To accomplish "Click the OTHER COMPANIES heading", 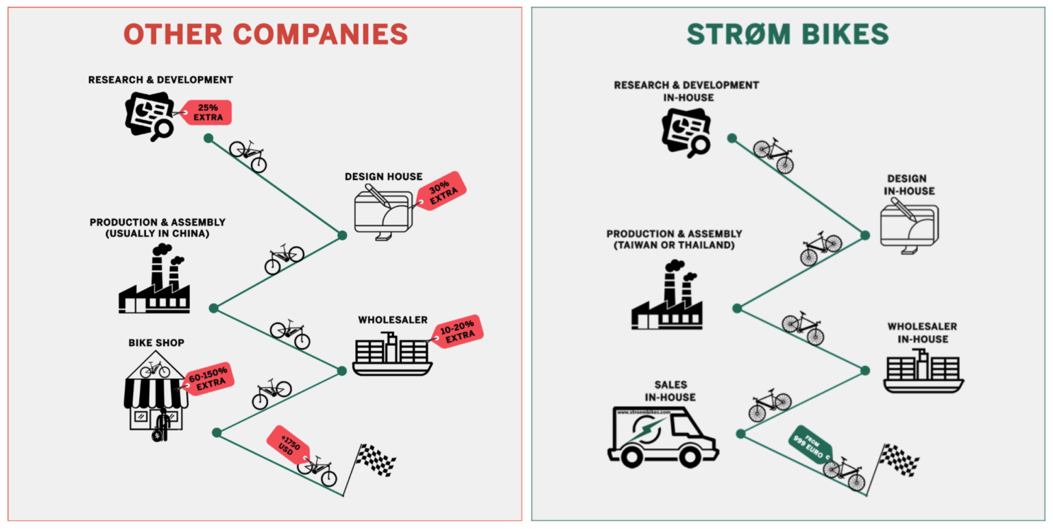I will tap(265, 34).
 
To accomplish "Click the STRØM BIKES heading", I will tap(788, 34).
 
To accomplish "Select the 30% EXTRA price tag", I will tap(441, 190).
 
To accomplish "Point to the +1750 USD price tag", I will tap(288, 445).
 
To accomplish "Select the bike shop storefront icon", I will tap(156, 393).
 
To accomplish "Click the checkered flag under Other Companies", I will tap(376, 460).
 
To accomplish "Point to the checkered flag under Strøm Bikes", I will tap(899, 460).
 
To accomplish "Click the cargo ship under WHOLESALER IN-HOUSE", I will tap(923, 371).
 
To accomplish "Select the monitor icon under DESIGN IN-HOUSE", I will tap(909, 226).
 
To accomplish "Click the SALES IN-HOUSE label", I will tap(670, 391).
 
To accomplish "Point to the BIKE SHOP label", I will tap(156, 342).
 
